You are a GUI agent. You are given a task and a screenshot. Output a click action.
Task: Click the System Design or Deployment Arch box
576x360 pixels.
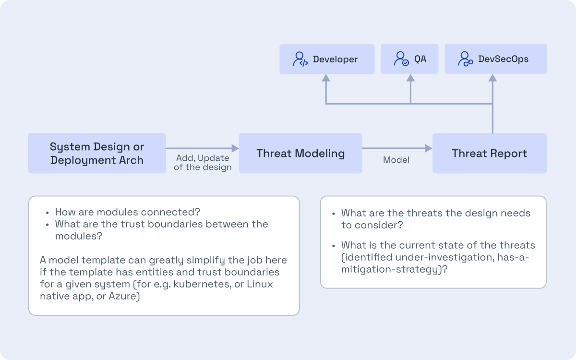click(97, 153)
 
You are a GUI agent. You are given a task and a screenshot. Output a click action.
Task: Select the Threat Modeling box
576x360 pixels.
click(300, 153)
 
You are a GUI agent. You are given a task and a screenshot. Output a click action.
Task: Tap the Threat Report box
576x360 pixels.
click(489, 153)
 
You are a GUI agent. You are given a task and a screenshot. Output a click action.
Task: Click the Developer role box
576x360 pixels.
click(327, 59)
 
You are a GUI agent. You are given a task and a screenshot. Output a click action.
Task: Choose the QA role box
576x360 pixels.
click(409, 59)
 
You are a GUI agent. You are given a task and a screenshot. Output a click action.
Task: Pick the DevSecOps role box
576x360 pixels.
click(495, 59)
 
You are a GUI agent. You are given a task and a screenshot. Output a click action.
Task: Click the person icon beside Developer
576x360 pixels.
click(300, 59)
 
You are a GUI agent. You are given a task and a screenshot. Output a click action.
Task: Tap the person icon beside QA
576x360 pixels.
click(401, 59)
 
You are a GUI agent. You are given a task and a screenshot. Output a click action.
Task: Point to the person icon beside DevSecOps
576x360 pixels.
click(465, 59)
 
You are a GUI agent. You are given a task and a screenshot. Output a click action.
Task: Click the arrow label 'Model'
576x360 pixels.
click(396, 160)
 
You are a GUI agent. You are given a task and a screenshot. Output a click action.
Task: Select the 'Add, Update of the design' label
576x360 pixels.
click(203, 163)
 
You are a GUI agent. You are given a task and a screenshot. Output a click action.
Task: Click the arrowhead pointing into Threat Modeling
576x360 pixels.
click(235, 148)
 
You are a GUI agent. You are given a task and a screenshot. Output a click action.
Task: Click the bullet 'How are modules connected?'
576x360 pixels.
click(127, 212)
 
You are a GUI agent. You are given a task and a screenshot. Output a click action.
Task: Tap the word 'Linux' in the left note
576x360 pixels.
click(260, 284)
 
